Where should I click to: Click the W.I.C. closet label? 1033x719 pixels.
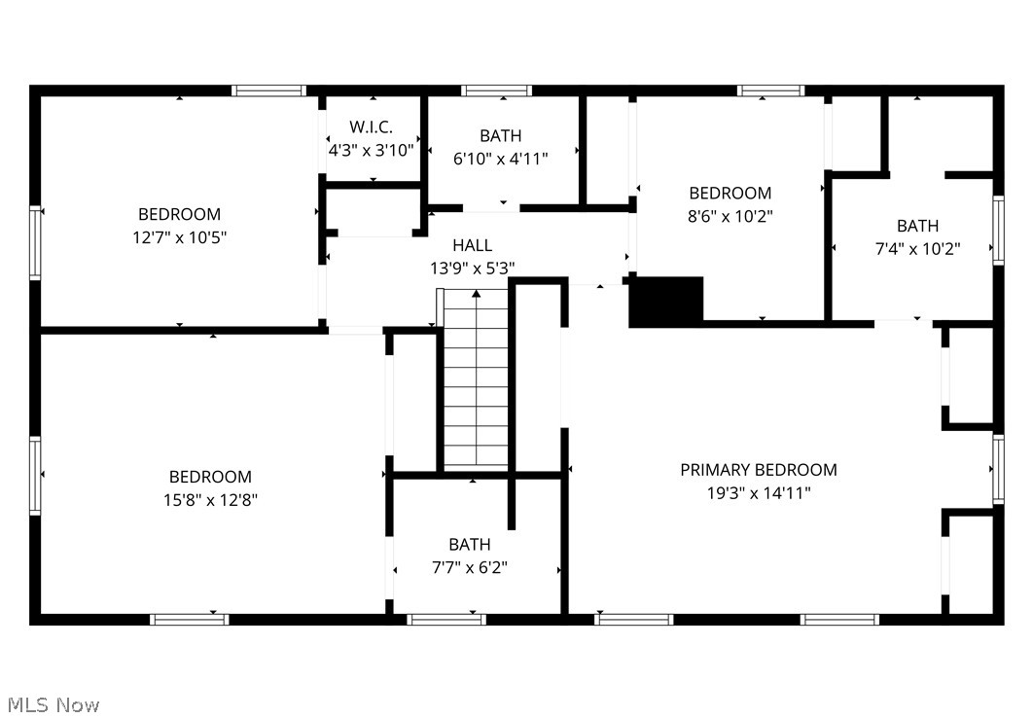(371, 127)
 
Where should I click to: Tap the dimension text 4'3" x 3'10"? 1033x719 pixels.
(371, 151)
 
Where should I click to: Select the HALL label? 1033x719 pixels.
(472, 245)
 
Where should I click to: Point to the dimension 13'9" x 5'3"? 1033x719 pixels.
(472, 268)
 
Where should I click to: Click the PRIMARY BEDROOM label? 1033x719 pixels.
(758, 470)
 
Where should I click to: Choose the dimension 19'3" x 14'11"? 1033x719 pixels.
(758, 493)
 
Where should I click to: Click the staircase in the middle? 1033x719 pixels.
(476, 379)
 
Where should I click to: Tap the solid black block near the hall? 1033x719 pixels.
(666, 301)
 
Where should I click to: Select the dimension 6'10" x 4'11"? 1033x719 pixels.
(500, 159)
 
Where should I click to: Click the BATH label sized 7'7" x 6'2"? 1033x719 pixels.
(470, 545)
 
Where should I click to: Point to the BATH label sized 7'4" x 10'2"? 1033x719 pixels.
(917, 226)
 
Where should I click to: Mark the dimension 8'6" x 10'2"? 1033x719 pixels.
(730, 216)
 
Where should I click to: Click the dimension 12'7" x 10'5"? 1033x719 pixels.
(179, 236)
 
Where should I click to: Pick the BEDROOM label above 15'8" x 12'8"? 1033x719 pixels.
(210, 477)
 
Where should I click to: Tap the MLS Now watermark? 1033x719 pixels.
(53, 704)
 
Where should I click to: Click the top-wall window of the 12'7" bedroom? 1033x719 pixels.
(268, 90)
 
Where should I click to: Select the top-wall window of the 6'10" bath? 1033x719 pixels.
(496, 90)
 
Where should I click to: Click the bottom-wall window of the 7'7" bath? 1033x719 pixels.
(446, 619)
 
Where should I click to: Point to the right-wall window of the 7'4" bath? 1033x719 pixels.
(998, 231)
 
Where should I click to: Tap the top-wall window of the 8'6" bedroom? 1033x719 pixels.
(770, 90)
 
